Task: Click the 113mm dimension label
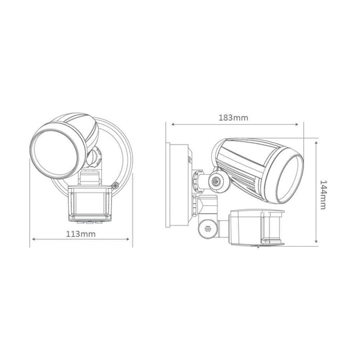[x=81, y=234]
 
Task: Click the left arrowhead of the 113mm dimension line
[x=33, y=241]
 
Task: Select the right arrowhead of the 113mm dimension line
[x=131, y=241]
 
